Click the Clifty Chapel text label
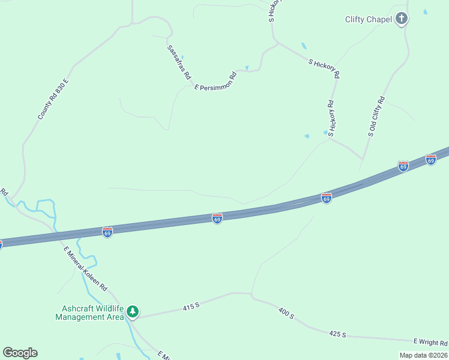368,19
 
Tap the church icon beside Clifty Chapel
402,19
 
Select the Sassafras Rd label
179,62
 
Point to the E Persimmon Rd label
215,80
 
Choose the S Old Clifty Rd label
376,116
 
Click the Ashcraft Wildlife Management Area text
89,313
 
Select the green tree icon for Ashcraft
133,311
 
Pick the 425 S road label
338,334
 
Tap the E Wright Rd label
433,343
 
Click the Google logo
20,352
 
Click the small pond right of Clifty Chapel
426,11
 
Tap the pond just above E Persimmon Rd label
247,67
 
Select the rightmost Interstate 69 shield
430,160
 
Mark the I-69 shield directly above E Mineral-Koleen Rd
107,231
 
